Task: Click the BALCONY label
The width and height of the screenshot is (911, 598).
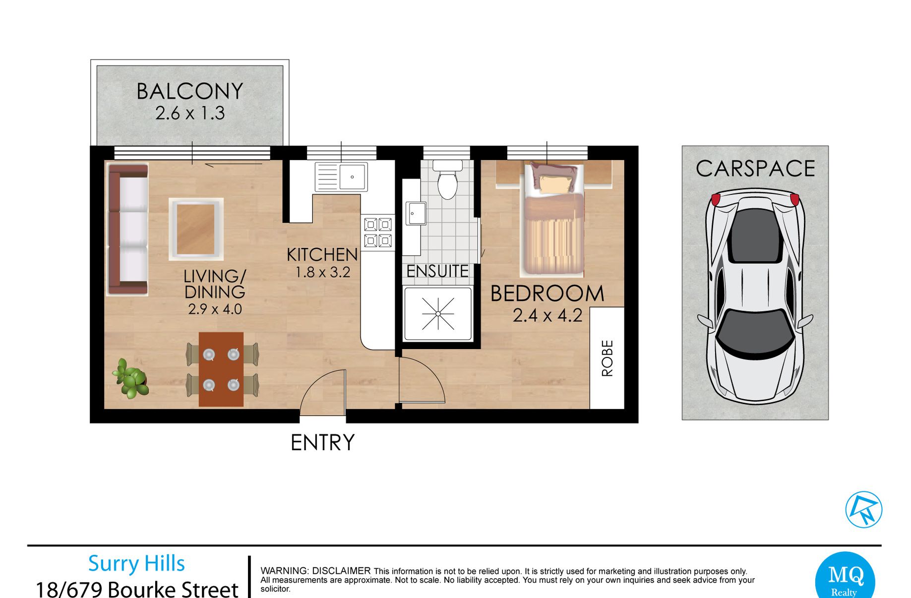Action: coord(190,91)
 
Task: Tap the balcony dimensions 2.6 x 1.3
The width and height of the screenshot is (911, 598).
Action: coord(190,114)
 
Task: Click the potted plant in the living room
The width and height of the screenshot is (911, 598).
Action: coord(131,378)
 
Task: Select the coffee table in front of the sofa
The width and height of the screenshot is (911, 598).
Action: coord(196,229)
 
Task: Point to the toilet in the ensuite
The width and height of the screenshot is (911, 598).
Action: coord(447,179)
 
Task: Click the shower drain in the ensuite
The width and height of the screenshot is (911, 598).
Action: coord(438,314)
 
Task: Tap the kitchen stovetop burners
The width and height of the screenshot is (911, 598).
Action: coord(378,233)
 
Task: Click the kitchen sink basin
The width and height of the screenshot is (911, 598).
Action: coord(353,177)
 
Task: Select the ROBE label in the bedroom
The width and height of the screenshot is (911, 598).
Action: coord(607,358)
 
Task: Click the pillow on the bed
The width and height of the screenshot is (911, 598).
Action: coord(555,184)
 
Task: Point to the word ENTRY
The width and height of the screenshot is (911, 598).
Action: coord(322,443)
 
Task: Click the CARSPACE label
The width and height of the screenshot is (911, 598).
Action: coord(755,169)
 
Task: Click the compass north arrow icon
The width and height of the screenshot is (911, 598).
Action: coord(863,509)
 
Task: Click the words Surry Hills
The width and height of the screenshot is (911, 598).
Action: coord(136,564)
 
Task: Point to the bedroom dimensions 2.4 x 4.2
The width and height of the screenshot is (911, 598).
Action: coord(547,316)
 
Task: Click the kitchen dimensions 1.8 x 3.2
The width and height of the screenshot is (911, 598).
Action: coord(323,272)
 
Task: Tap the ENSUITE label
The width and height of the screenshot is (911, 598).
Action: coord(437,271)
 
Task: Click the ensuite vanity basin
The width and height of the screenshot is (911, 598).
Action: coord(416,214)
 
